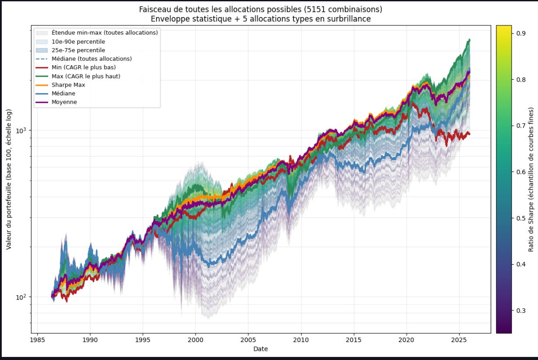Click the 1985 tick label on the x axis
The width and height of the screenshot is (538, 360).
point(38,340)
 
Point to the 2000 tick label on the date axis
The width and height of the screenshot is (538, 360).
point(196,340)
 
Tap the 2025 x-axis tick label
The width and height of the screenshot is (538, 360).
point(459,340)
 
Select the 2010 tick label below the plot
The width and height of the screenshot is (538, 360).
point(301,340)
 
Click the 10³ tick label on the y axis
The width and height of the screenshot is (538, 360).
point(21,130)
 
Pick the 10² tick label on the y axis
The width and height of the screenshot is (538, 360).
point(21,297)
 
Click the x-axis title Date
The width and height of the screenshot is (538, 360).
point(261,349)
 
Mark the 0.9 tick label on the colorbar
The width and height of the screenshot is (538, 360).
point(521,33)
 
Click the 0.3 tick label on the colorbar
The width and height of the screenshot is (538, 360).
point(521,311)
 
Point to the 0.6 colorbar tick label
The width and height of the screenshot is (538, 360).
point(521,172)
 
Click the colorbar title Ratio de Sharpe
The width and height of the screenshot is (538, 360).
point(531,179)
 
